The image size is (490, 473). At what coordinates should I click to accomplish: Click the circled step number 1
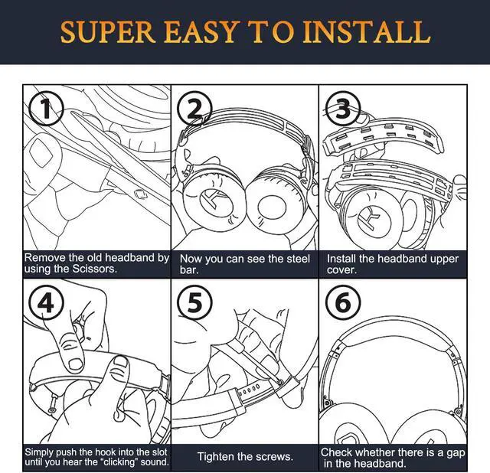45,110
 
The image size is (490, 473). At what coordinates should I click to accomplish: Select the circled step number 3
342,109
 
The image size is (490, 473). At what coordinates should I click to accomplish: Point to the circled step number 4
45,303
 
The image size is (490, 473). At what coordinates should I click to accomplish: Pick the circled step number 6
342,303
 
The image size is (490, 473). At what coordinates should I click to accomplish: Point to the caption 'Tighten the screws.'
245,457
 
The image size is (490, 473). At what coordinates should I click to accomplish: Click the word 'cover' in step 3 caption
343,270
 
